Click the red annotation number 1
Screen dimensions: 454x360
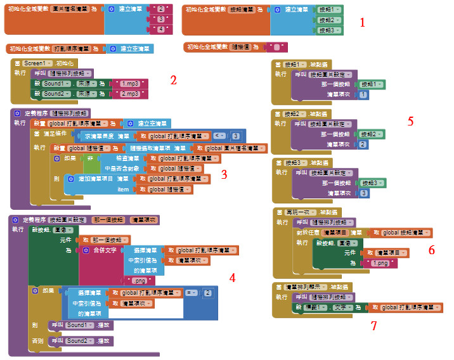coord(363,23)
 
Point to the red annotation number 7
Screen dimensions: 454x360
coord(373,326)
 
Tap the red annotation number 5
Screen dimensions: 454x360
coord(410,120)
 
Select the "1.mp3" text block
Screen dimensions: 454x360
coord(131,83)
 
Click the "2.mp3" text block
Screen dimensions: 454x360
coord(131,94)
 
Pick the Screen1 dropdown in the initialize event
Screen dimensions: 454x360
coord(37,63)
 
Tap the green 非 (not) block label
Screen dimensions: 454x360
coord(90,158)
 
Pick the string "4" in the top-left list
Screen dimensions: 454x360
coord(161,30)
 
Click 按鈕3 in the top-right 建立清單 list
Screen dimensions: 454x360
coord(327,30)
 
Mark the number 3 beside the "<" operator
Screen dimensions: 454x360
coord(235,136)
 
